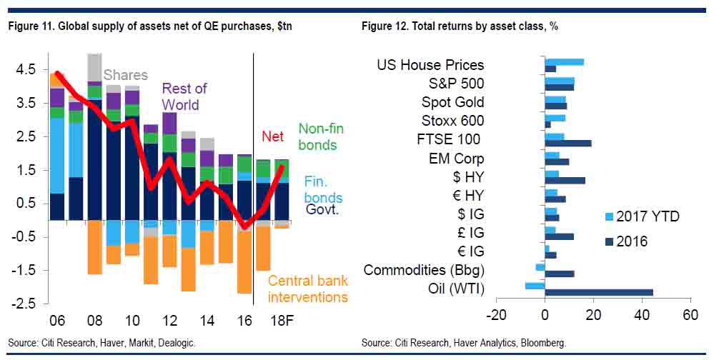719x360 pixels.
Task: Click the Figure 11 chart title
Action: click(150, 26)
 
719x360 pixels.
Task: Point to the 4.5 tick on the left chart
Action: click(24, 70)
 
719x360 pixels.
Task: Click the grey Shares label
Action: click(126, 75)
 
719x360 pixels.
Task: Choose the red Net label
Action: click(272, 136)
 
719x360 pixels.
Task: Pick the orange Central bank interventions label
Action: click(307, 289)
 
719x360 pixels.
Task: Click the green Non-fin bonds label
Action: click(322, 137)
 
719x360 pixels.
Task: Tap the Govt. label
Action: click(324, 209)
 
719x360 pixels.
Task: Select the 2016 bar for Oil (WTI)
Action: click(599, 291)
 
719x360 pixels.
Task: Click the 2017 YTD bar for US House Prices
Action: click(564, 62)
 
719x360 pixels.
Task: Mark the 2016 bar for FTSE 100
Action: click(568, 143)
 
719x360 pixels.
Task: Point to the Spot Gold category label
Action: click(452, 102)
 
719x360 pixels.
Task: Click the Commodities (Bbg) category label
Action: click(424, 270)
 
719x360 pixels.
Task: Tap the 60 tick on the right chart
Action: click(690, 315)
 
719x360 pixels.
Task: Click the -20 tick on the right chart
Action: click(496, 315)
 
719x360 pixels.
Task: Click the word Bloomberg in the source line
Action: click(542, 342)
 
